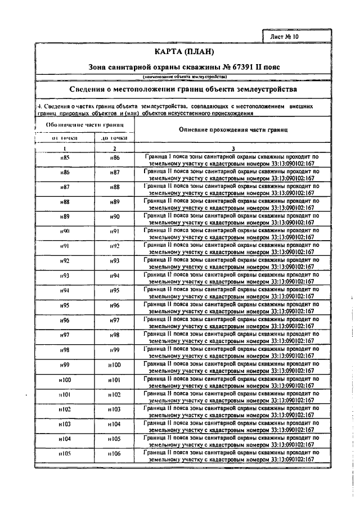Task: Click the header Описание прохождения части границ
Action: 233,129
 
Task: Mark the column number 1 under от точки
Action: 65,148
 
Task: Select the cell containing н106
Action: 115,453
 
